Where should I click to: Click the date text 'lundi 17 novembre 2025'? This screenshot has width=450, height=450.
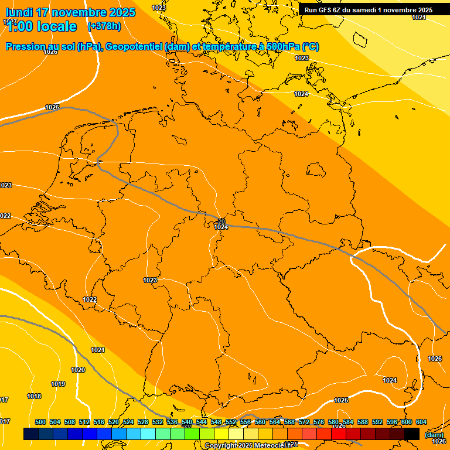[70, 12]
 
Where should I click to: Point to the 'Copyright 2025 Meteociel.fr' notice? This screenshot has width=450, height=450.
[251, 445]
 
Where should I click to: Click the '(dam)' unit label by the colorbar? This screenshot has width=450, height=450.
[434, 435]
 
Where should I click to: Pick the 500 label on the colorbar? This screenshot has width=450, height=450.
[40, 422]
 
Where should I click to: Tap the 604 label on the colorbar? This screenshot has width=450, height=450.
[421, 422]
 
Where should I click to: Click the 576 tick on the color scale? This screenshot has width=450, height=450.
[319, 422]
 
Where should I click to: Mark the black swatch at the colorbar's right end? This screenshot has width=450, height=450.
[412, 434]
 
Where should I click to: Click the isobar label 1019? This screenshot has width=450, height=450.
[58, 384]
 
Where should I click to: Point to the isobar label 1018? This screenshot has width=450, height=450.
[34, 396]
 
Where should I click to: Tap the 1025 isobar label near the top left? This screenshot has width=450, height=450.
[52, 107]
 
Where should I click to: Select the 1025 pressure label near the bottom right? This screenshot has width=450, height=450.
[341, 400]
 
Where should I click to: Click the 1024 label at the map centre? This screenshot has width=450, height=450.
[221, 227]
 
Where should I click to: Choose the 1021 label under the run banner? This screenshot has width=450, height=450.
[419, 18]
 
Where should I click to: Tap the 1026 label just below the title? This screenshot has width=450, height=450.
[50, 52]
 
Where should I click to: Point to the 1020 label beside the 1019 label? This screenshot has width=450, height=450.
[78, 370]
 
